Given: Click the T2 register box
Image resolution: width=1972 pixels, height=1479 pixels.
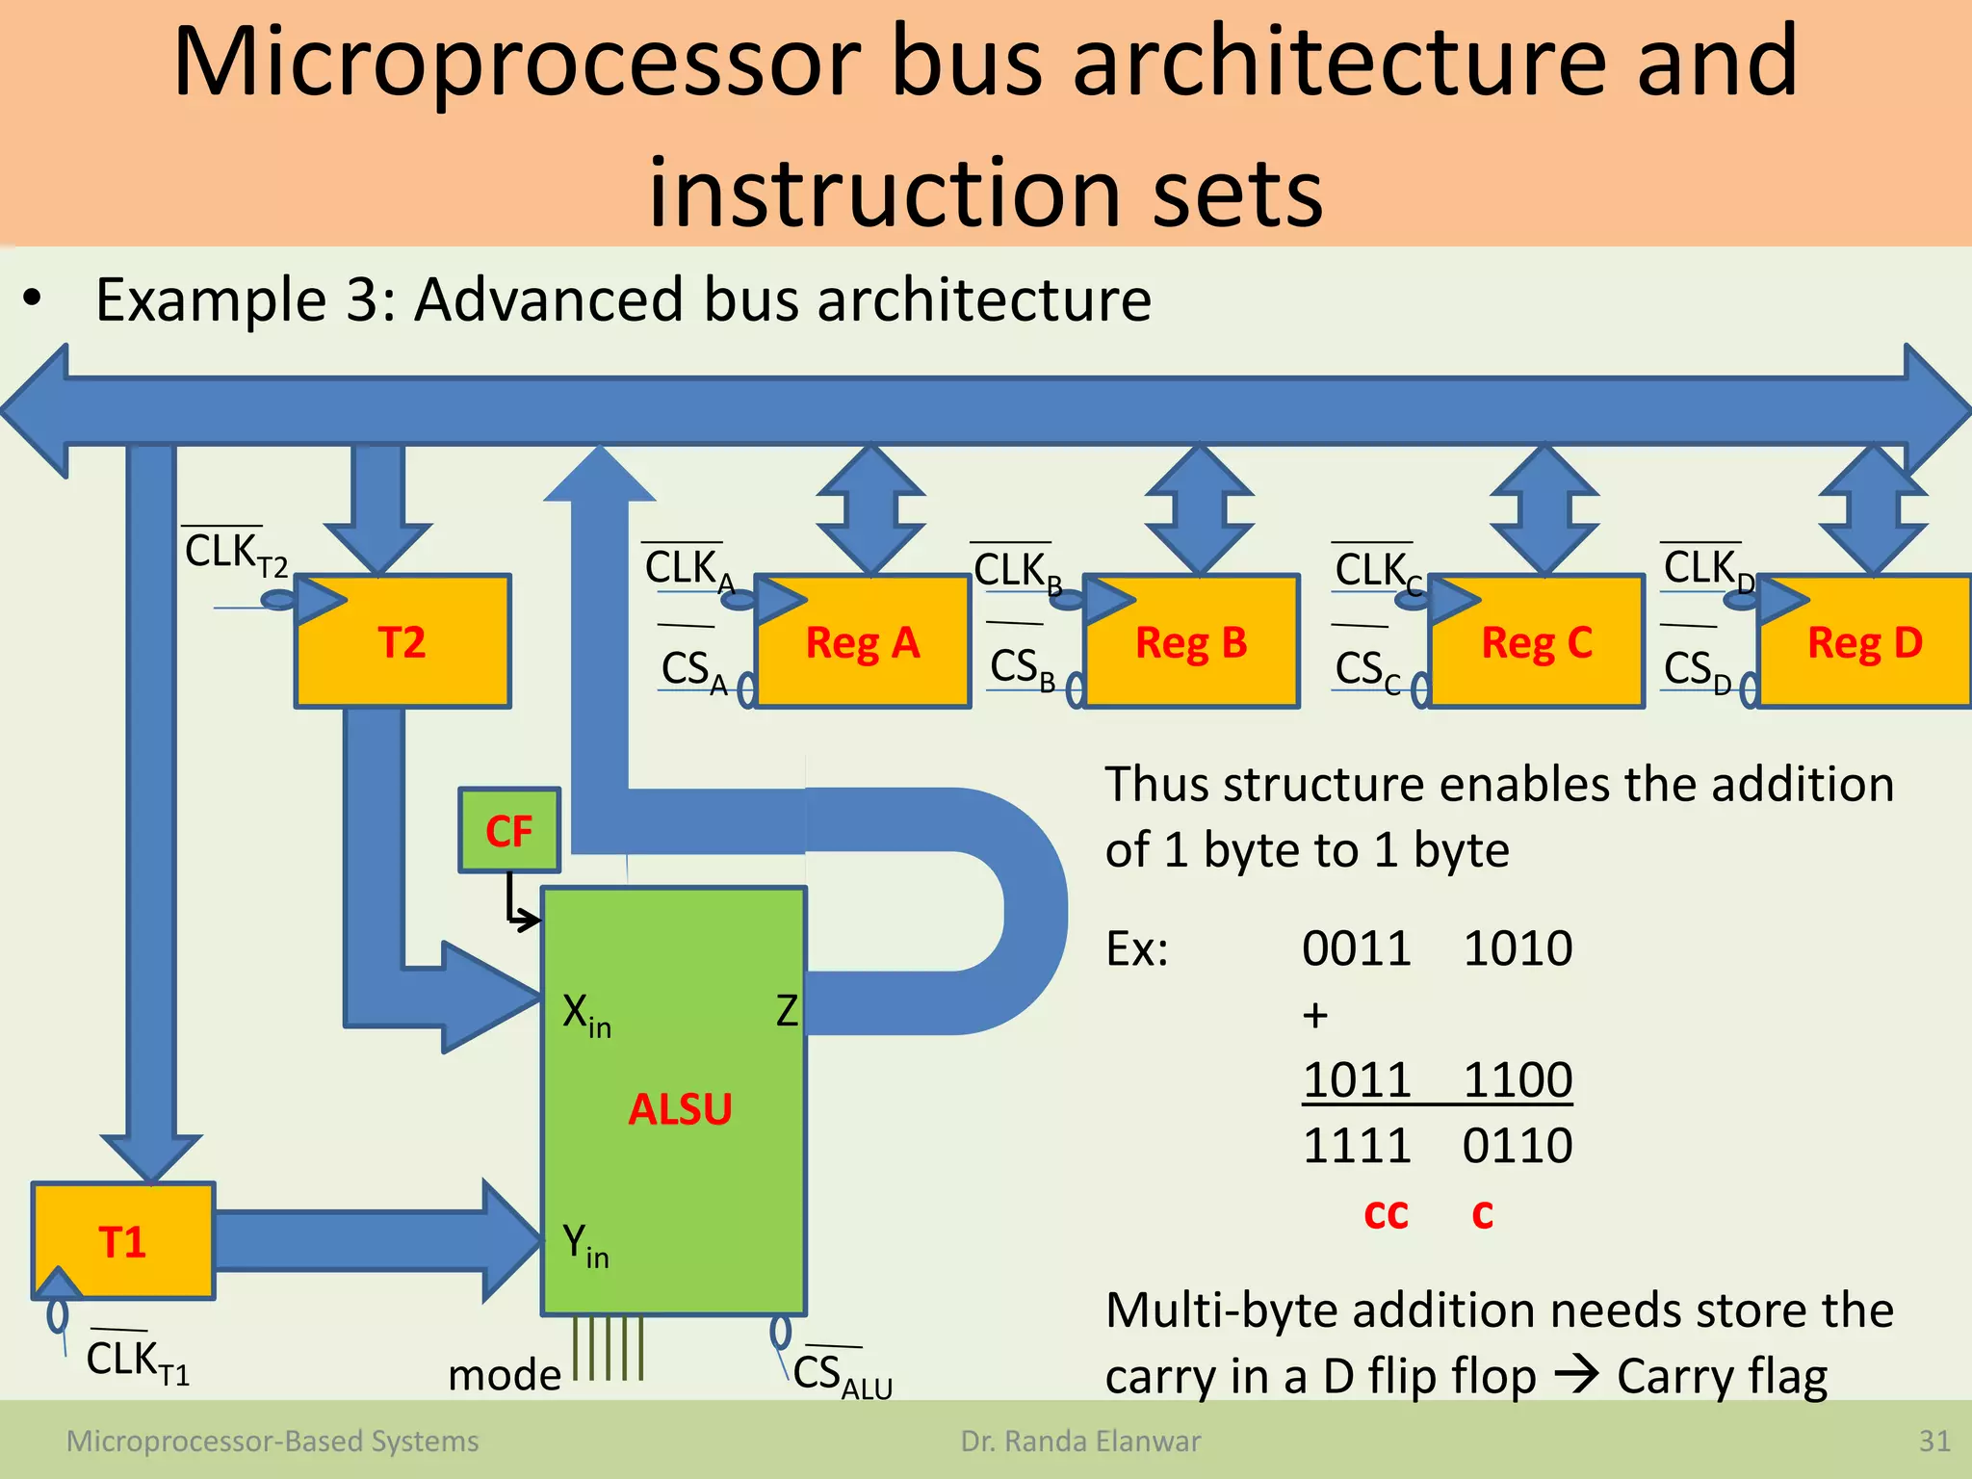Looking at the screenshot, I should (402, 642).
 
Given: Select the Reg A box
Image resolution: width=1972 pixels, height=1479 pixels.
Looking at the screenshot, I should (863, 642).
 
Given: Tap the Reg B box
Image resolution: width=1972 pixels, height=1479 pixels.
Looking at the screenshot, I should (1191, 642).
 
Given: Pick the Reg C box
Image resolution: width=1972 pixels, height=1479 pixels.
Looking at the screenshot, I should (1537, 642).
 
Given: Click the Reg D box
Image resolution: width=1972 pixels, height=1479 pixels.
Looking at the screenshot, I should (1864, 642).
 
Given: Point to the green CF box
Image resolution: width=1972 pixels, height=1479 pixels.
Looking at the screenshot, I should (508, 831).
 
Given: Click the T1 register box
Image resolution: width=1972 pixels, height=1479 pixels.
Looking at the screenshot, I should (122, 1241).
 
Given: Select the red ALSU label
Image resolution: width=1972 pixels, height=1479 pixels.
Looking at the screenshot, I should (680, 1109).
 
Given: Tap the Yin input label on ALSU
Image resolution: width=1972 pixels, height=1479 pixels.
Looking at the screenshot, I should (585, 1245).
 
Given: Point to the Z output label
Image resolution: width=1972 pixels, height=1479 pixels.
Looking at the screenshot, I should (787, 1011).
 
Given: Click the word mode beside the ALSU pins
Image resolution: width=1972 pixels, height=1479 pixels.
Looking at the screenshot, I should (504, 1374).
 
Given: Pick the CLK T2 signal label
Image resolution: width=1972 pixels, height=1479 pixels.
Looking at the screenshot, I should (235, 554).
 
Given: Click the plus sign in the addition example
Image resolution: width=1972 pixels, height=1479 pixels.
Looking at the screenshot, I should (1314, 1015).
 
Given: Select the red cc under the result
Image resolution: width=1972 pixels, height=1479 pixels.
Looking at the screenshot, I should (1386, 1213).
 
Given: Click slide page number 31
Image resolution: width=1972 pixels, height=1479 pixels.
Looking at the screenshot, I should (1933, 1440).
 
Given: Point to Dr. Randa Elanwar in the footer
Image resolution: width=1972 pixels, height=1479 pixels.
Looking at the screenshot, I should (1080, 1440).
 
